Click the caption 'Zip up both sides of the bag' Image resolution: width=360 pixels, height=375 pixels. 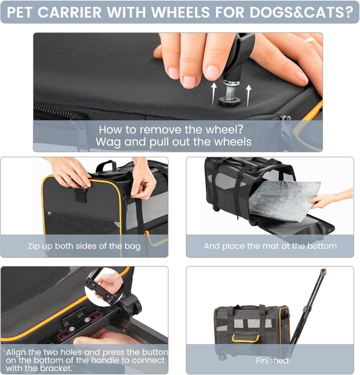coord(84,246)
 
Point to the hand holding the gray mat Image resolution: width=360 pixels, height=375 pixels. coord(326,198)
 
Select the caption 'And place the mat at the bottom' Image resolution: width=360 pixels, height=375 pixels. coord(270,246)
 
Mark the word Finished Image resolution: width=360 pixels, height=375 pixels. coord(273,361)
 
